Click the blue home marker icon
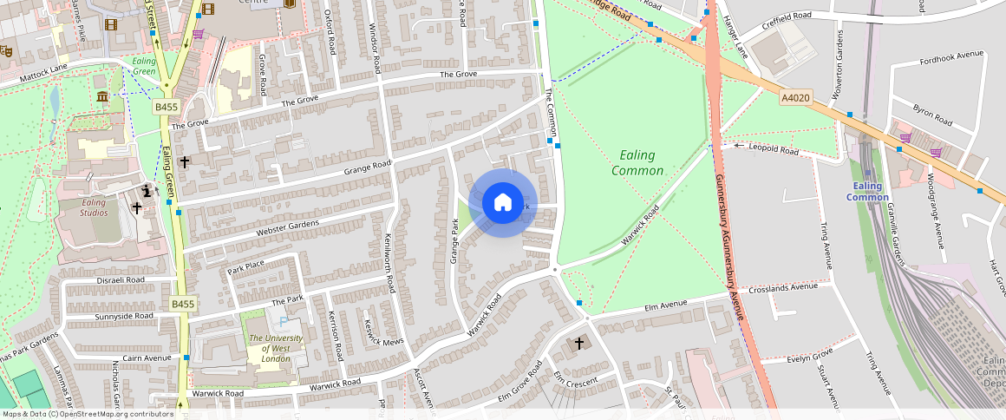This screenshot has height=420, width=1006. pyautogui.click(x=503, y=203)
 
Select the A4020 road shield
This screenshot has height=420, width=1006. pyautogui.click(x=794, y=98)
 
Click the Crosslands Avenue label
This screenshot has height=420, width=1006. pyautogui.click(x=783, y=287)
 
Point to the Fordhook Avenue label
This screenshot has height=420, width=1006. pyautogui.click(x=952, y=54)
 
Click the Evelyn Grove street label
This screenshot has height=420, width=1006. pyautogui.click(x=809, y=356)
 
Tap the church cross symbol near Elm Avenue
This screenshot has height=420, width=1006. pyautogui.click(x=580, y=344)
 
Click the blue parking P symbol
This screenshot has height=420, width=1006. pyautogui.click(x=283, y=322)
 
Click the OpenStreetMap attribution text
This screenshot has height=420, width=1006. pyautogui.click(x=88, y=414)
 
